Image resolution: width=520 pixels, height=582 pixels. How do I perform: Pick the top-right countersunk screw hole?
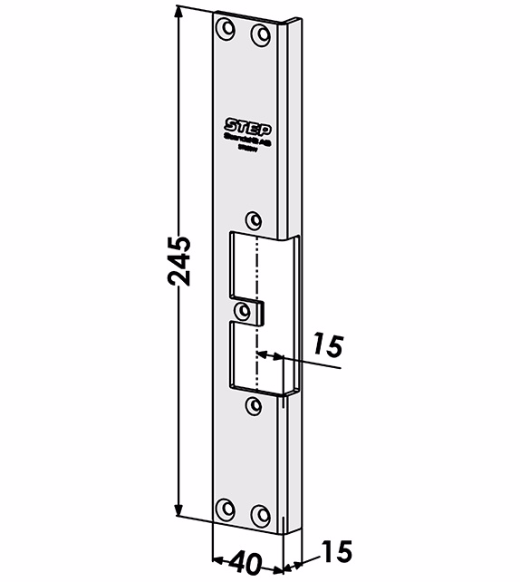261,34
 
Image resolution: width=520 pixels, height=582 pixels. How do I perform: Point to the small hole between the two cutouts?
241,311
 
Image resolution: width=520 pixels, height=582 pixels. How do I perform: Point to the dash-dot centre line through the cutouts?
258,272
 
